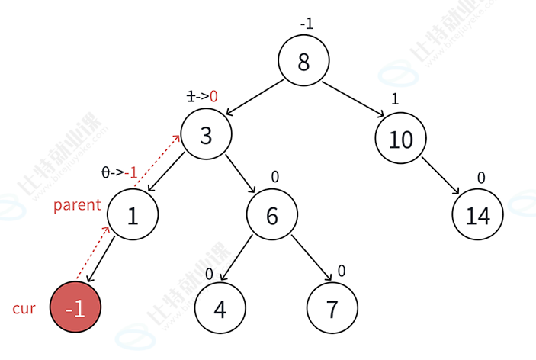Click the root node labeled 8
(303, 61)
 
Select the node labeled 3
(206, 137)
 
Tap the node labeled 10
(400, 139)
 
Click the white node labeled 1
(133, 216)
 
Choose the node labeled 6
(272, 216)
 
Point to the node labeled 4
(220, 310)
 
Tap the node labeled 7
(332, 310)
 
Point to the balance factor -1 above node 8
(307, 24)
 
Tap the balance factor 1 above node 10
(395, 99)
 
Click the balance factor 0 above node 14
(481, 178)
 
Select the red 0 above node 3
(214, 97)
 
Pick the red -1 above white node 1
(130, 172)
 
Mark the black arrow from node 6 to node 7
(310, 256)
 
